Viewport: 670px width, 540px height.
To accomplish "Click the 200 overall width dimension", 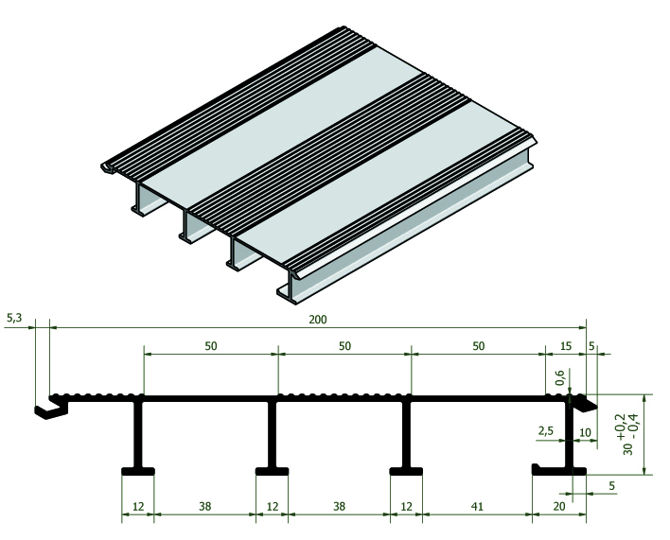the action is [318, 320].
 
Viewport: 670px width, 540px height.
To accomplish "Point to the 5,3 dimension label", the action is [14, 318].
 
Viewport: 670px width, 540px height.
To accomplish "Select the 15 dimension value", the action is [565, 346].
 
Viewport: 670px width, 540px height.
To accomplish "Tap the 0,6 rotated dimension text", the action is [560, 377].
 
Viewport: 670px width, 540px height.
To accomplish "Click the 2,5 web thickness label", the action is [546, 430].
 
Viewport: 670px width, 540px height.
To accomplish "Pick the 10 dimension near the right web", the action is [585, 432].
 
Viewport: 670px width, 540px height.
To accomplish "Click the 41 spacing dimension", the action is [477, 506].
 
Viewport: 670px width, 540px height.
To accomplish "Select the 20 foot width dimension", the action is [559, 506].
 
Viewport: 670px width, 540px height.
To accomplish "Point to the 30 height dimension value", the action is [627, 448].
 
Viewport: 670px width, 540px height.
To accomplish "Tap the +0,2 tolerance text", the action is [620, 427].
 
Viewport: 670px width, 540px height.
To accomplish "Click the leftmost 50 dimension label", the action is [211, 346].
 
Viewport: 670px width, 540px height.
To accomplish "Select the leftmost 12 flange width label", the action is [138, 506].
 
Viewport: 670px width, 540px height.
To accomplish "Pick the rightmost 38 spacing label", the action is [339, 506].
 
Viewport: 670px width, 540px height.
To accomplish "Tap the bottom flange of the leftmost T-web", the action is [138, 471].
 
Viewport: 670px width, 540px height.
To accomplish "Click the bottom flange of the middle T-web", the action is [272, 471].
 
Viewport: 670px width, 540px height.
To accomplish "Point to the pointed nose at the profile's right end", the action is [587, 404].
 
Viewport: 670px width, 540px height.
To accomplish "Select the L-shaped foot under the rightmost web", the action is [558, 470].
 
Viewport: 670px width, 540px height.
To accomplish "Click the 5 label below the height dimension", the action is [611, 486].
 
